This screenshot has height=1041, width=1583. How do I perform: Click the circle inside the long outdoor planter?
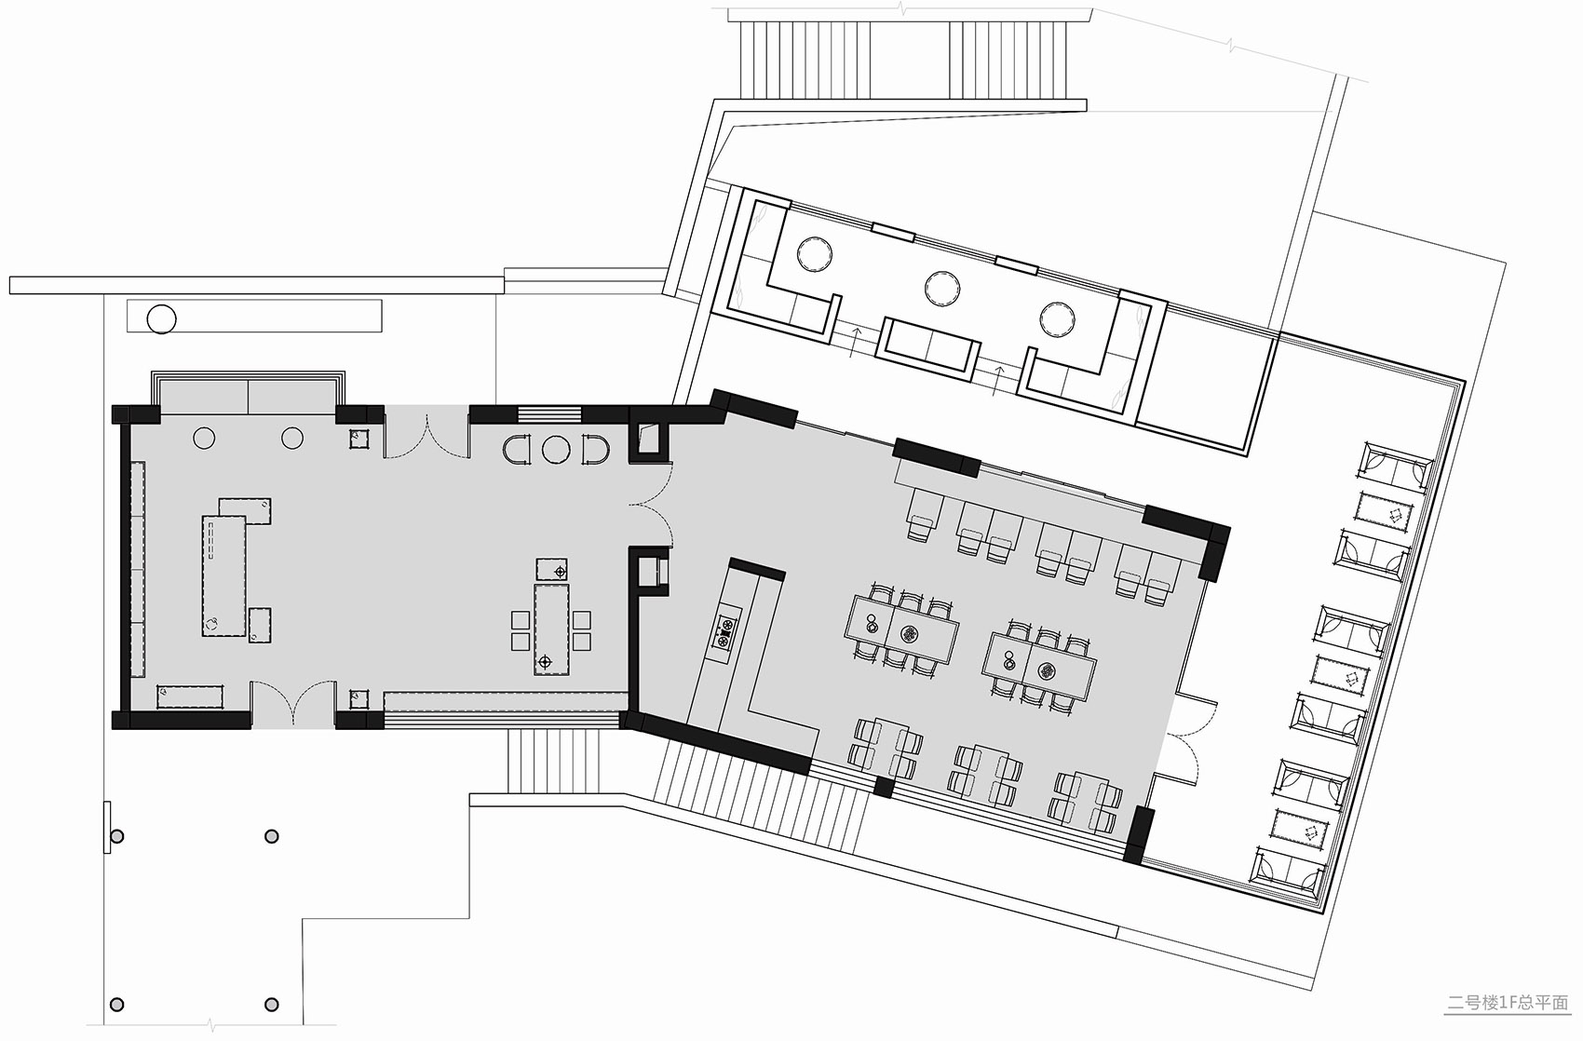point(161,318)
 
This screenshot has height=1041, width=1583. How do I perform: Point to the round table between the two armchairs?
point(556,450)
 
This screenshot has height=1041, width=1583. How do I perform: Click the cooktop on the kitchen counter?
point(725,630)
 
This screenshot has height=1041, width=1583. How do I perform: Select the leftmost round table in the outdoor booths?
point(814,253)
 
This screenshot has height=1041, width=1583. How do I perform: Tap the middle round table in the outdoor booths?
point(942,289)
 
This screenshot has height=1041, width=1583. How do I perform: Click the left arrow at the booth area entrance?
point(856,341)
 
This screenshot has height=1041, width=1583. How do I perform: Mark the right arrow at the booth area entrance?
point(997,381)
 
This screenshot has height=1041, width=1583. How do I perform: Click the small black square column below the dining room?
point(884,787)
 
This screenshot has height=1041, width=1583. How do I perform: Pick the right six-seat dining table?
point(1039,666)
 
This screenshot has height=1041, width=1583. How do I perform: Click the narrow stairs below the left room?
point(554,762)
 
